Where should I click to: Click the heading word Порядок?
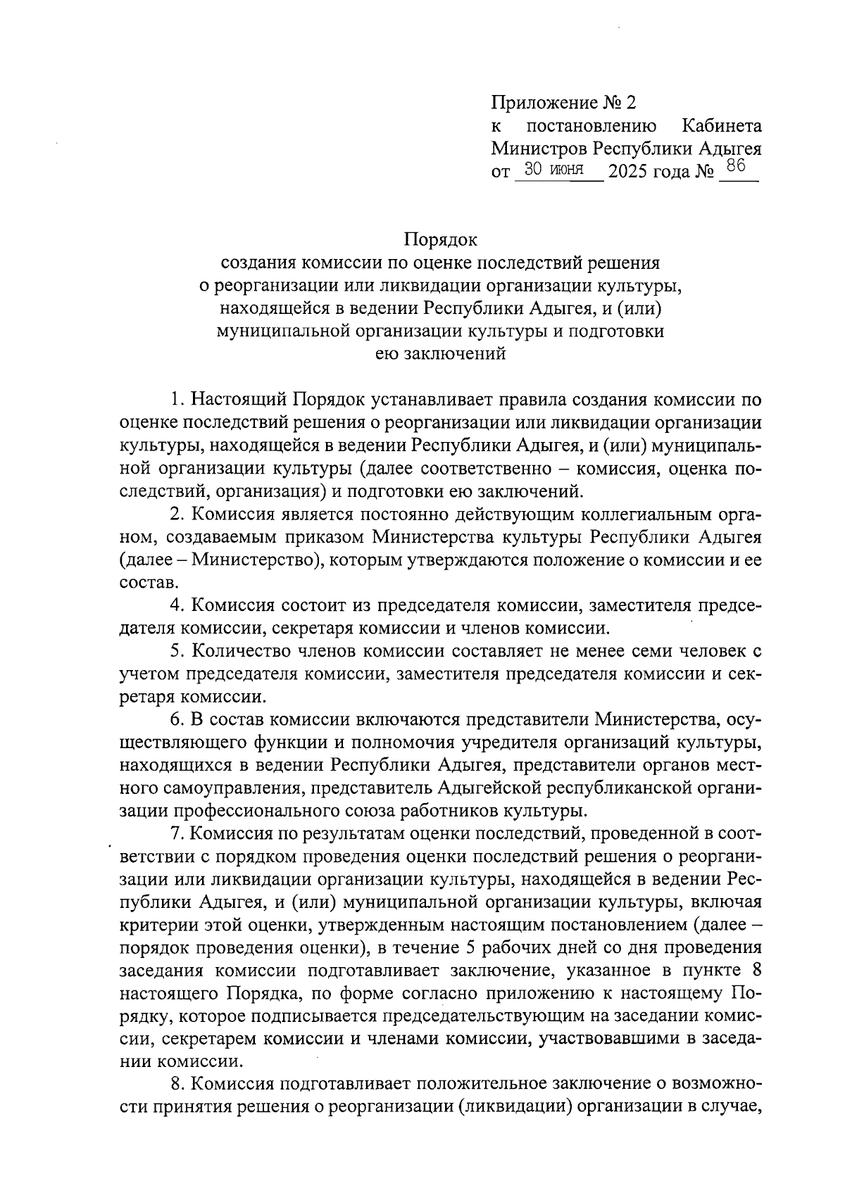click(441, 240)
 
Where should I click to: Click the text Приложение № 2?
click(563, 103)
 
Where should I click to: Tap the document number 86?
click(736, 167)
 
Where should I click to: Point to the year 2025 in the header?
click(628, 171)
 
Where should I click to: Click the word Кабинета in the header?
click(722, 126)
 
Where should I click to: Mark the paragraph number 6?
click(177, 719)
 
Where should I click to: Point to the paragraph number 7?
click(177, 833)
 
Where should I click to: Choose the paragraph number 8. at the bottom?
click(177, 1084)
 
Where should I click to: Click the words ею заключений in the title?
click(440, 354)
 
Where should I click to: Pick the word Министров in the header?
click(539, 149)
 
